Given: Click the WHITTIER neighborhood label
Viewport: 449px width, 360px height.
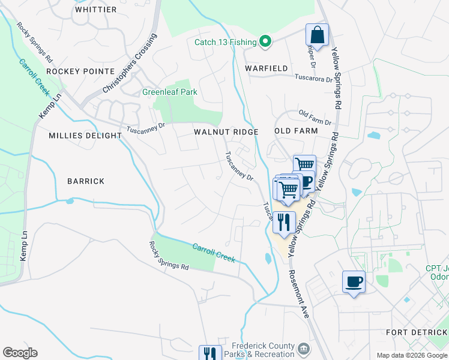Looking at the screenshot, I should (x=95, y=10).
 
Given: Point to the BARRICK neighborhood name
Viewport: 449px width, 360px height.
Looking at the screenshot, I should (x=86, y=181).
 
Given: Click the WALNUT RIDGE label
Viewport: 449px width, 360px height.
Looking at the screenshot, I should (x=226, y=131).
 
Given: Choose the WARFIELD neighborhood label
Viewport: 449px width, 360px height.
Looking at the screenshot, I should (x=267, y=68).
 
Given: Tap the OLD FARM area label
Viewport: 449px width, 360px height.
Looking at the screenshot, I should (x=295, y=131).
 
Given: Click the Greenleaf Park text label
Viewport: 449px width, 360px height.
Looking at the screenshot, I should (x=169, y=92).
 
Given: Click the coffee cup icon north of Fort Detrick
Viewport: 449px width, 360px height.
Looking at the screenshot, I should (x=354, y=281).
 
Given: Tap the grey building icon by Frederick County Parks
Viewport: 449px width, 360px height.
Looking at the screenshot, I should (x=304, y=349).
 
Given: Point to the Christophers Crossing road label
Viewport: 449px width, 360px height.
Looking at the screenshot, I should (x=129, y=63).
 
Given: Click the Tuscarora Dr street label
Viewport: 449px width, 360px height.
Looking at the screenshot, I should (x=313, y=77).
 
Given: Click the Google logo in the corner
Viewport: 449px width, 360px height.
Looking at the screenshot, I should (x=20, y=353).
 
